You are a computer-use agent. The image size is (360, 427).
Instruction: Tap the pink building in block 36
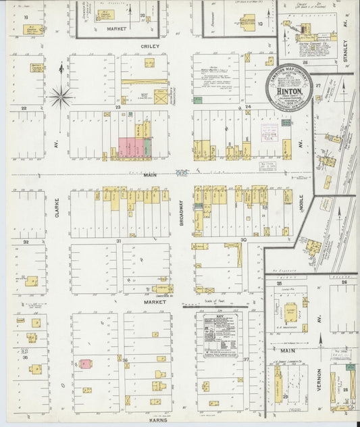tap(86, 363)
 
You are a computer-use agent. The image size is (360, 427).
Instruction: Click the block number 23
tap(118, 107)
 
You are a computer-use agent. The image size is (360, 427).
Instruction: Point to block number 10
tap(260, 24)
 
